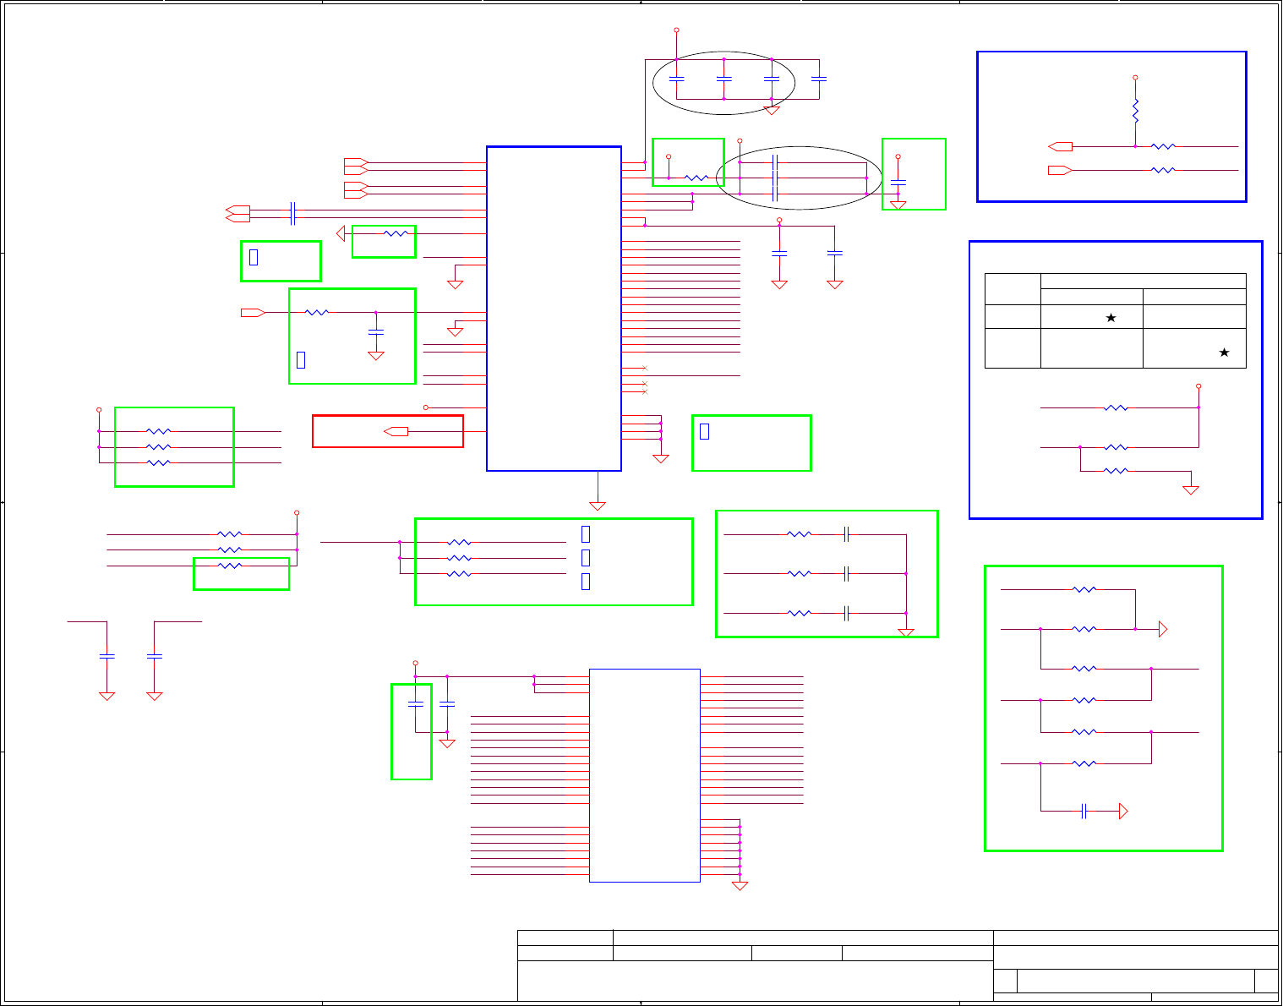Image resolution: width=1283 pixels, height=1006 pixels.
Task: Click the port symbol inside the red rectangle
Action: (x=396, y=431)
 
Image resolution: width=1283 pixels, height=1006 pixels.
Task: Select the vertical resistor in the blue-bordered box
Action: (x=1135, y=110)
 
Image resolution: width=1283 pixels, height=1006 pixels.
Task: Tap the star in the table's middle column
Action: (x=1111, y=318)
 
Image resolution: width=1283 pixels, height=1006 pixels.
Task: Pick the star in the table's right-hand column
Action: (x=1223, y=353)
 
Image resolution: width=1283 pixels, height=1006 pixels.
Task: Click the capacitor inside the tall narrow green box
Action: (x=415, y=703)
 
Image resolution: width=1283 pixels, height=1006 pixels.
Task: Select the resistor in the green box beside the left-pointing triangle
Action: (x=396, y=233)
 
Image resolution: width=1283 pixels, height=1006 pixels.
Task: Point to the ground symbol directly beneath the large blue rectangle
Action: (x=598, y=506)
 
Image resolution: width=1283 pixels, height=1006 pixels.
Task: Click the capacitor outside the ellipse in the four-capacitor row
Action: (x=818, y=79)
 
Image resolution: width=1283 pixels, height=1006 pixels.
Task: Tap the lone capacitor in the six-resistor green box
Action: (x=1084, y=812)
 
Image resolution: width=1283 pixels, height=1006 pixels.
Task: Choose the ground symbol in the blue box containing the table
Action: (x=1191, y=489)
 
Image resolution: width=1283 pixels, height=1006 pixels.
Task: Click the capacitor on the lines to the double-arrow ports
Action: (x=292, y=213)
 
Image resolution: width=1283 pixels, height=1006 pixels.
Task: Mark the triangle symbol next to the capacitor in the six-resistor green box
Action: (x=1123, y=812)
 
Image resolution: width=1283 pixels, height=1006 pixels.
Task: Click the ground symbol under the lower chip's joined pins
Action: (x=740, y=886)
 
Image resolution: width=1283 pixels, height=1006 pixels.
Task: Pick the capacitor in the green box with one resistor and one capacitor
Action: (x=377, y=331)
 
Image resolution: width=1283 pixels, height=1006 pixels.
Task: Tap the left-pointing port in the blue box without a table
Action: (x=1060, y=146)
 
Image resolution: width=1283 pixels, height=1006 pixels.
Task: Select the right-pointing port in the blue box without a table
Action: (x=1060, y=170)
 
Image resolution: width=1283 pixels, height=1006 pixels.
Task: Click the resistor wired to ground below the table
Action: (x=1116, y=471)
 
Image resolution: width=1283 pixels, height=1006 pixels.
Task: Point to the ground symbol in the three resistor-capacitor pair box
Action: (x=906, y=632)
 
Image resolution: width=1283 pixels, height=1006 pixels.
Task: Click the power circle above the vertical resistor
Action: (x=1135, y=78)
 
